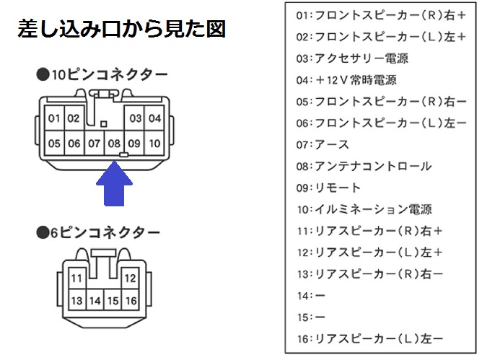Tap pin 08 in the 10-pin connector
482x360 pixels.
pos(114,143)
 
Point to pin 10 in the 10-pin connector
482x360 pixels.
pos(154,143)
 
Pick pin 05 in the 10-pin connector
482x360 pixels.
pos(55,143)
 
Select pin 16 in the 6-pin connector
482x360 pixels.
pos(130,300)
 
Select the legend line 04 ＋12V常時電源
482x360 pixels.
pos(346,80)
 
